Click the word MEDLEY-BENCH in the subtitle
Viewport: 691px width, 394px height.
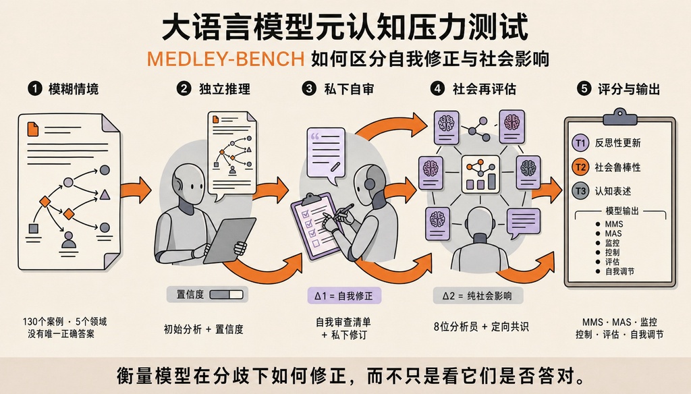coord(225,59)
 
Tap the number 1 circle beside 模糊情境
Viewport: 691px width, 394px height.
coord(35,88)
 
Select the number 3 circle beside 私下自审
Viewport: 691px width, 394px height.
coord(309,88)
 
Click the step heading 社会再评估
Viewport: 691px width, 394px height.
coord(484,89)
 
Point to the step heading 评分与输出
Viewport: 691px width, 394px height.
coord(628,89)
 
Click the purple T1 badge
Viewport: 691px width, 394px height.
coord(580,143)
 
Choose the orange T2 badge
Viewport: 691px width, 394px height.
coord(580,167)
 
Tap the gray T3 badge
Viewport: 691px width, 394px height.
coord(580,191)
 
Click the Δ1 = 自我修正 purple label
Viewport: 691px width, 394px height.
coord(344,295)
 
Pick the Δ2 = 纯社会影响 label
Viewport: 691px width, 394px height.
coord(478,295)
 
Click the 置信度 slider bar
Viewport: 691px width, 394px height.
coord(227,294)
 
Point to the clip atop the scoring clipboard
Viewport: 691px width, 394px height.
coord(620,116)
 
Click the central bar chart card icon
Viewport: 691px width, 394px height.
coord(480,174)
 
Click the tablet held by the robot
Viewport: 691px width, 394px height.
coord(229,240)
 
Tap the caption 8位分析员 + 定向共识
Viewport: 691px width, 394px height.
coord(481,327)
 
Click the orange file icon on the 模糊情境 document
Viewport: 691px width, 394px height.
coord(32,129)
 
